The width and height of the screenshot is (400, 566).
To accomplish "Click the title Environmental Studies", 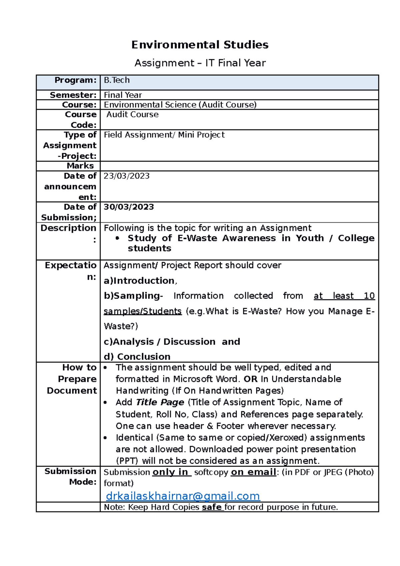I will tap(200, 45).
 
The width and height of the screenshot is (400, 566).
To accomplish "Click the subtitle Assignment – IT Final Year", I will tap(200, 63).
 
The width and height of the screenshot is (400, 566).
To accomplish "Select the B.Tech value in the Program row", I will tap(117, 80).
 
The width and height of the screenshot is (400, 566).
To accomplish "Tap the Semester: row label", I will tap(73, 95).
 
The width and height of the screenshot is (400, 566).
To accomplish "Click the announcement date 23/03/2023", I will tap(127, 176).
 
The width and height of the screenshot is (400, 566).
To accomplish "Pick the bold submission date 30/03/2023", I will tap(129, 207).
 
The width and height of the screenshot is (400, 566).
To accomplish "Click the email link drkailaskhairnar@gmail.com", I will tap(183, 496).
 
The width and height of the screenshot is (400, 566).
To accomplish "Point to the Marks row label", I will tap(80, 166).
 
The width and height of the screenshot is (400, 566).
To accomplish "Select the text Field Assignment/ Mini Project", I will tap(164, 135).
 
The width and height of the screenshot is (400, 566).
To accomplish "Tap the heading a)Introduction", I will tap(139, 281).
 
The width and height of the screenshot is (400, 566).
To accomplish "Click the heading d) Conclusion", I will tap(137, 357).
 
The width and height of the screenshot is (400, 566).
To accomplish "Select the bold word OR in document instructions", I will tap(250, 379).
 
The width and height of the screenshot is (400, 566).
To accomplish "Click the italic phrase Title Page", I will tap(160, 402).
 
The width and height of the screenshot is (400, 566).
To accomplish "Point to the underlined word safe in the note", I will tap(212, 507).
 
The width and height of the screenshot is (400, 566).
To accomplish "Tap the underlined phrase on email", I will tap(253, 472).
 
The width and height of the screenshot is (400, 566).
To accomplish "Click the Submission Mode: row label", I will tap(70, 476).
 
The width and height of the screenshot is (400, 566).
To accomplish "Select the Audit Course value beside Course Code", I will tap(132, 115).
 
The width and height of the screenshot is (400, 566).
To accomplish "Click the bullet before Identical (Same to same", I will tap(105, 438).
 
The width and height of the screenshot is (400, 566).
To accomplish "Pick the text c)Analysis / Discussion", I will tap(160, 342).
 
